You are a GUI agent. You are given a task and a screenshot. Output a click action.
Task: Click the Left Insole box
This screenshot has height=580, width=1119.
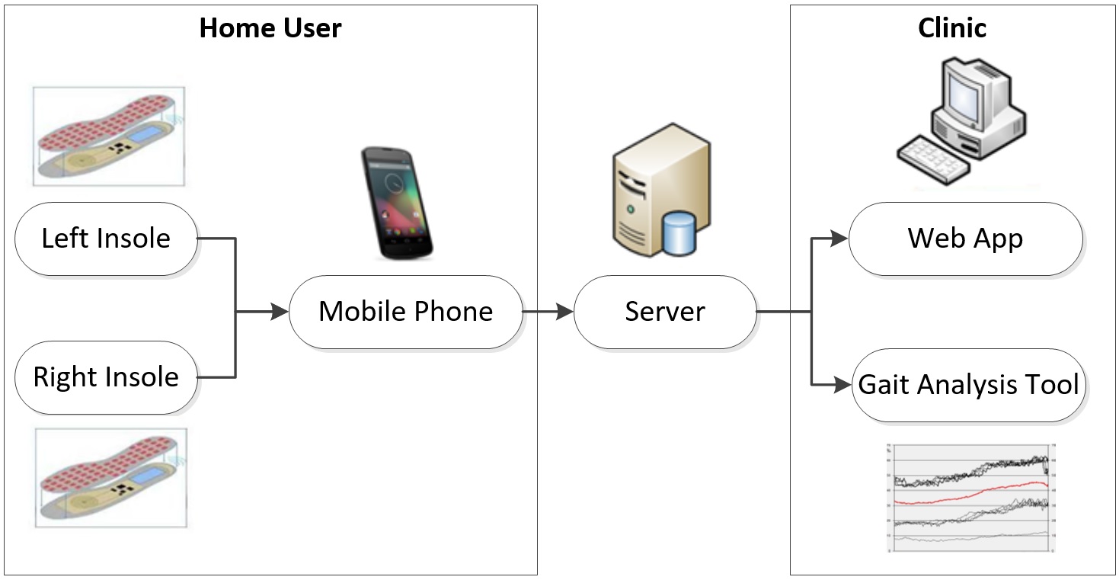click(x=106, y=239)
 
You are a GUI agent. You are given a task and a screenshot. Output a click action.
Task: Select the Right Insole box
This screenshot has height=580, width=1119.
click(x=106, y=377)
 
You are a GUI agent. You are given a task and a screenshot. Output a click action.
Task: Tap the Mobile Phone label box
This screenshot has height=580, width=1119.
click(x=405, y=312)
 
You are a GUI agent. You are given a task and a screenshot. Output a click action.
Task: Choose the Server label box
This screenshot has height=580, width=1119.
click(x=664, y=312)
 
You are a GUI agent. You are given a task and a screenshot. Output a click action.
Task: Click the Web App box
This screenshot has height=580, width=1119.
click(x=965, y=239)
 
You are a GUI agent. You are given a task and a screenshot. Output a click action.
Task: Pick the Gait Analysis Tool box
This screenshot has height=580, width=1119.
click(x=968, y=384)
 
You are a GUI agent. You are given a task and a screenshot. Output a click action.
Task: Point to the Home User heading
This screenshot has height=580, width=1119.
click(x=270, y=29)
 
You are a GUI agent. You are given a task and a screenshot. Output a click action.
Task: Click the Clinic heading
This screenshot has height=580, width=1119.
click(x=952, y=29)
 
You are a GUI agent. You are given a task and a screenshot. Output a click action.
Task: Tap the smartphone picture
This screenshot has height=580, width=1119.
click(x=397, y=202)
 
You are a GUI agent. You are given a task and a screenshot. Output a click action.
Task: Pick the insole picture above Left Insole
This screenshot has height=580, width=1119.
click(x=109, y=136)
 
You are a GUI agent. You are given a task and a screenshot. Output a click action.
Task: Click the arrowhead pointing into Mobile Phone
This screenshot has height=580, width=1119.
click(x=280, y=312)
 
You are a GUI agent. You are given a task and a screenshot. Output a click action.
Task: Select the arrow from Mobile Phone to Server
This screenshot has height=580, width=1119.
click(x=547, y=312)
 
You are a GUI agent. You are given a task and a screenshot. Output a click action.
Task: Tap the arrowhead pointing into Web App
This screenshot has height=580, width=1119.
click(x=839, y=239)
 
